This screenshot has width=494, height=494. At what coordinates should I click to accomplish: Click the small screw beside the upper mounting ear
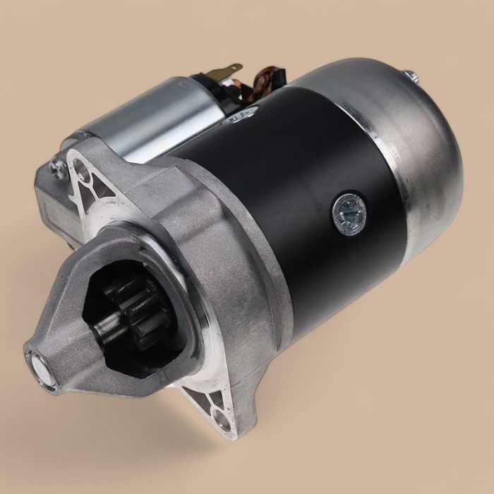click(56, 168)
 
